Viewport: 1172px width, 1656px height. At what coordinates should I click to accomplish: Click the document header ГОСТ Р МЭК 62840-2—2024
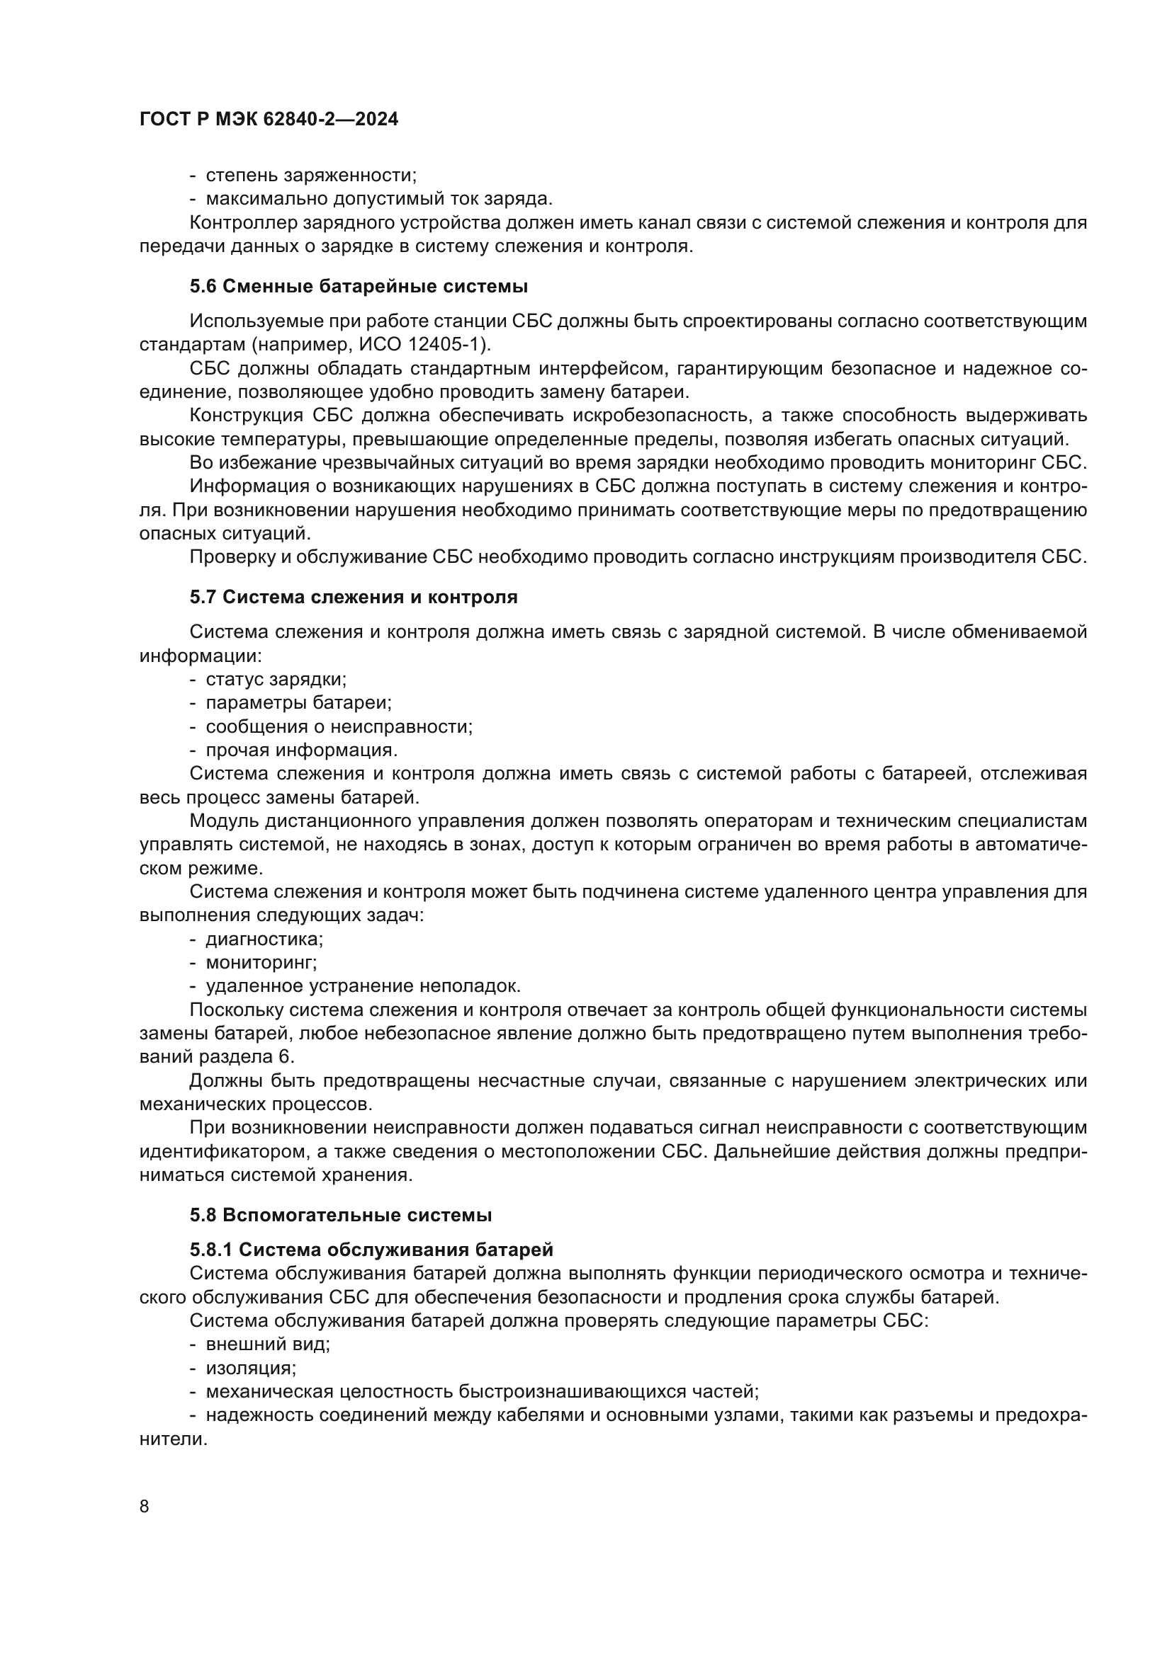(269, 120)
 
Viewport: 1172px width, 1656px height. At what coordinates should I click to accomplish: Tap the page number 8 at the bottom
(145, 1507)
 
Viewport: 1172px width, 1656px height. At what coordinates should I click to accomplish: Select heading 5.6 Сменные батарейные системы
(359, 286)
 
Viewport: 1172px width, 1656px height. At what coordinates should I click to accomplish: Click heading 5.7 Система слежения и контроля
(354, 598)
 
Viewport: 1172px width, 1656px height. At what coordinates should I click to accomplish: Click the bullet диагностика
(264, 939)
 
